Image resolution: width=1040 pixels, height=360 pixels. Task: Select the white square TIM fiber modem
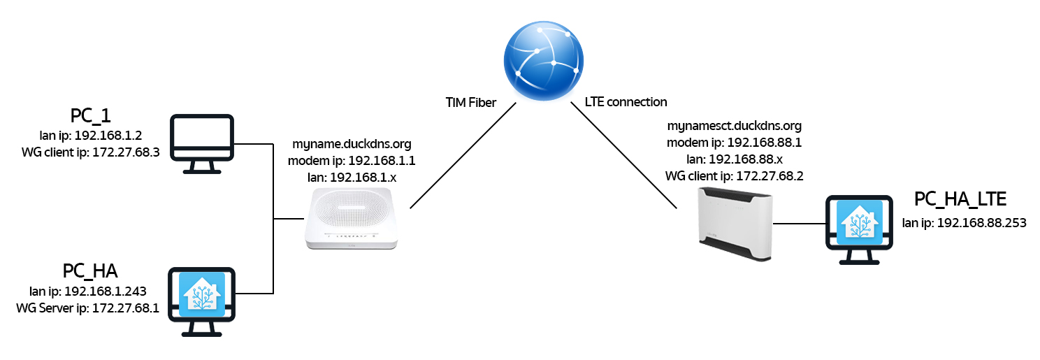tap(352, 219)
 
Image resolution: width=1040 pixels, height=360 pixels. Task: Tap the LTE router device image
tap(734, 224)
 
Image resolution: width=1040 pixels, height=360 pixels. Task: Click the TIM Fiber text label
tap(471, 103)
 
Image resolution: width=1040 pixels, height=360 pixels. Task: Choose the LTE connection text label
tap(626, 102)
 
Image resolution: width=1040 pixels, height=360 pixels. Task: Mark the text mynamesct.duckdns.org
tap(734, 127)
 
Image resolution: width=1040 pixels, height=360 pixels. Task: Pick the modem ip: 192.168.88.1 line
tap(734, 143)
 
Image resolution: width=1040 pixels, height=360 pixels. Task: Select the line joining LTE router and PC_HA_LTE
tap(797, 224)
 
